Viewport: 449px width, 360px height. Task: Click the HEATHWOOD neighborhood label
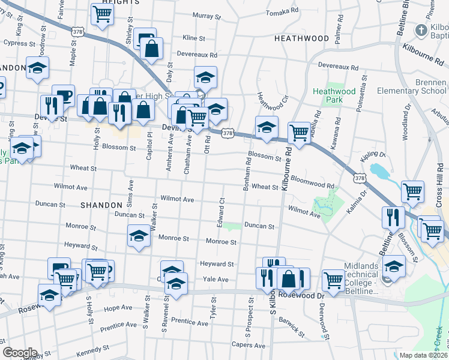(301, 38)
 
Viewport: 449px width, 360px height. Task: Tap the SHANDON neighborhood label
(101, 205)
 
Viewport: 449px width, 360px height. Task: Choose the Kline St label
(194, 38)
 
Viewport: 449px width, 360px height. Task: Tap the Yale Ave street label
(215, 280)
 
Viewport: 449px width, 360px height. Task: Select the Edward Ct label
(221, 213)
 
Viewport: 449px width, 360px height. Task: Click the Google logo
(19, 353)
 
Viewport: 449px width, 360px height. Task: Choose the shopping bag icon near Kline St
(152, 49)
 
